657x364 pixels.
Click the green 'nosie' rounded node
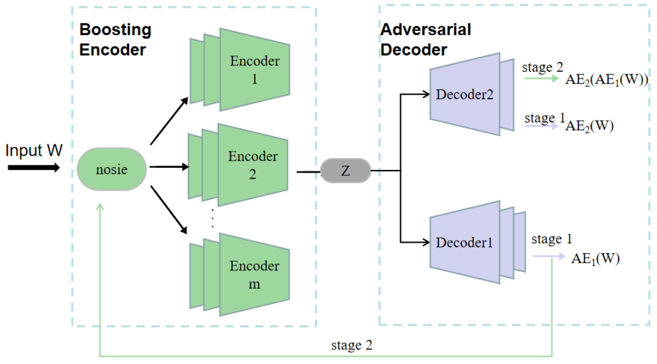click(112, 169)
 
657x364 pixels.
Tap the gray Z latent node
click(345, 171)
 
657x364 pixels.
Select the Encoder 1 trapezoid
click(254, 69)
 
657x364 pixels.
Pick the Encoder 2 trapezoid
click(252, 165)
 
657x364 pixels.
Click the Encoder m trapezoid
click(254, 274)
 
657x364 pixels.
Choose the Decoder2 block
click(465, 94)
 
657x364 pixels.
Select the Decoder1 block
click(465, 242)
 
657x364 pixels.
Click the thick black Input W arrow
click(33, 168)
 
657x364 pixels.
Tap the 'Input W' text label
click(34, 150)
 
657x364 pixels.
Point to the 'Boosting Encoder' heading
click(115, 39)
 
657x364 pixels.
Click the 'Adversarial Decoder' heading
click(425, 39)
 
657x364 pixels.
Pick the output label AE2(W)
click(589, 126)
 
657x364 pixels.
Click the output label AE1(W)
click(595, 259)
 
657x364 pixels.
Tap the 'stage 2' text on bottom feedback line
click(352, 345)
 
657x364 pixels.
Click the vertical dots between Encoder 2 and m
click(213, 218)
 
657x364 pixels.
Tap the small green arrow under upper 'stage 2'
click(542, 78)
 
